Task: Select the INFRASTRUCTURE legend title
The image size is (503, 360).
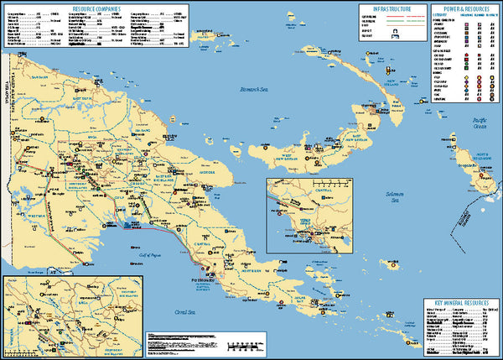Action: [x=392, y=7]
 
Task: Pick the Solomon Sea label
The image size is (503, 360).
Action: [x=385, y=198]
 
